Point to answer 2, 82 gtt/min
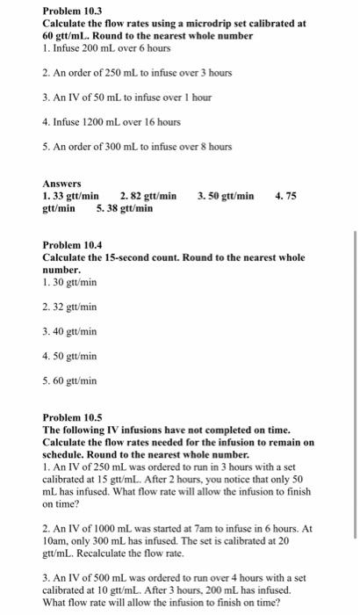pyautogui.click(x=148, y=197)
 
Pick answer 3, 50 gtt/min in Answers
pyautogui.click(x=226, y=197)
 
